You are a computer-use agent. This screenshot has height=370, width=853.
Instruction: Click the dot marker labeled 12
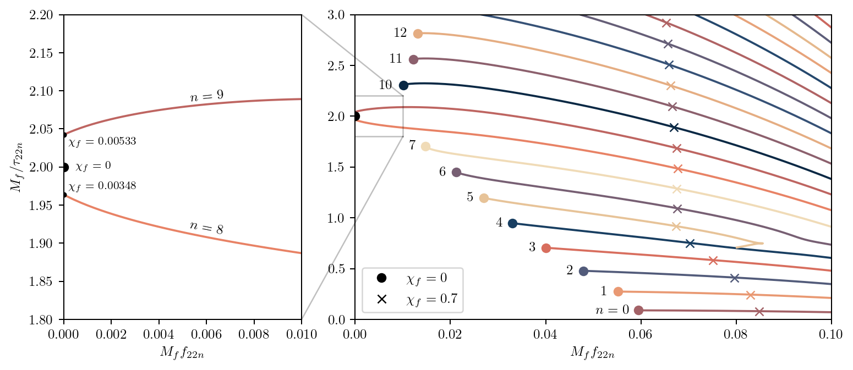coord(418,34)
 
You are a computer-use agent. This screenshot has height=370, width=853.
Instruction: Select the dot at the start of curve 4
coord(512,223)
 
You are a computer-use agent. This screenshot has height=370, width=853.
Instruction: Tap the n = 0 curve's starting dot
coord(638,310)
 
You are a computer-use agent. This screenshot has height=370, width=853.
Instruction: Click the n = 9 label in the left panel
coord(206,97)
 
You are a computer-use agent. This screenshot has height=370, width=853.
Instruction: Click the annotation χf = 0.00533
coord(102,141)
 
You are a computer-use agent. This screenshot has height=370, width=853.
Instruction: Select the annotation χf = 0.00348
coord(102,186)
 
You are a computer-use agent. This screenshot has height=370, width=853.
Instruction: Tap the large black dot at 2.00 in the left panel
coord(64,167)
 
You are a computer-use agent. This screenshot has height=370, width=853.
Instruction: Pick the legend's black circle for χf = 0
coord(381,279)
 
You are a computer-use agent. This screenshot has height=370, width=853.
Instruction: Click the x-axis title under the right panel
coord(593,352)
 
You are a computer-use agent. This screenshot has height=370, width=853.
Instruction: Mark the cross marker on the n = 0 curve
coord(759,312)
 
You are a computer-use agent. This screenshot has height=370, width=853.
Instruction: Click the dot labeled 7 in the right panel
coord(425,147)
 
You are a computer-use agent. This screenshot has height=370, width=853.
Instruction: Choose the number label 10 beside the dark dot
coord(385,85)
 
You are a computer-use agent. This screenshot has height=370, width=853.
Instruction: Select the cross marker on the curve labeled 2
coord(734,278)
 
